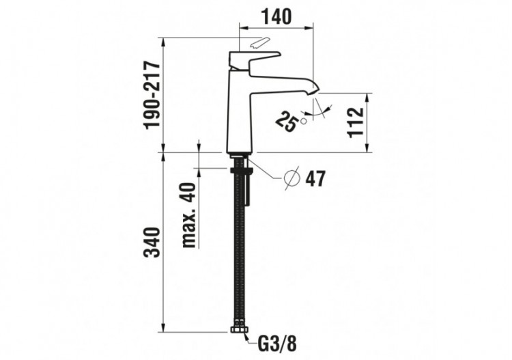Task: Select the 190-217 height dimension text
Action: pyautogui.click(x=151, y=94)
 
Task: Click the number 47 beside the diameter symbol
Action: pyautogui.click(x=315, y=179)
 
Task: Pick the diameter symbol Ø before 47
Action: pyautogui.click(x=291, y=178)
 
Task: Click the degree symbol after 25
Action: pyautogui.click(x=303, y=121)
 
